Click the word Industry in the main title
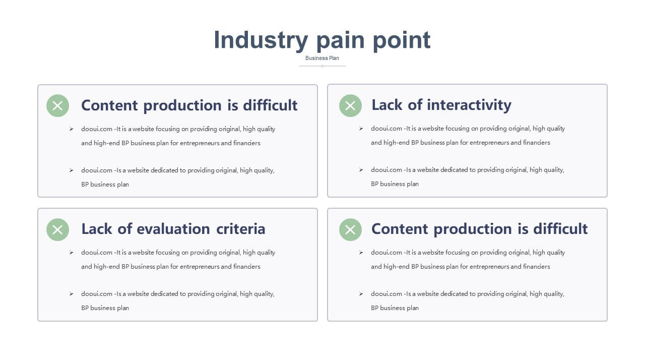point(261,40)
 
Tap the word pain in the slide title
point(340,40)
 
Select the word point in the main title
point(402,40)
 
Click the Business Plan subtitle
point(322,58)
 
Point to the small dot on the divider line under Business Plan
point(322,66)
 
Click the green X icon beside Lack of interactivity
point(350,106)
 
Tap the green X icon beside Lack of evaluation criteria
point(57,229)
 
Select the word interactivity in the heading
point(469,104)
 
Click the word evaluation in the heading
point(173,229)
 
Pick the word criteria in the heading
point(241,229)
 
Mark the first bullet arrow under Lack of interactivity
point(361,129)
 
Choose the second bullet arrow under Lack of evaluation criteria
point(71,294)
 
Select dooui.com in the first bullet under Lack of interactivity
point(386,129)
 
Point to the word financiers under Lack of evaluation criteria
point(247,267)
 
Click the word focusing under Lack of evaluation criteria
point(168,253)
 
